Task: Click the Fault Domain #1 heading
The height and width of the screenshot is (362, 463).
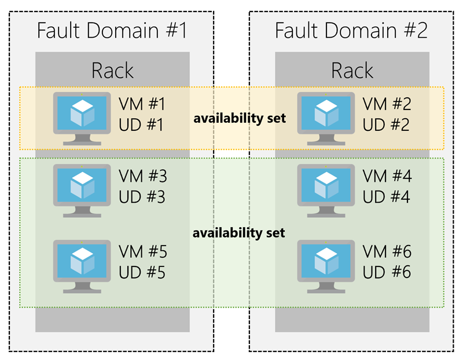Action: (x=112, y=30)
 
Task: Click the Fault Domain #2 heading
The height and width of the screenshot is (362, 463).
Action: (x=351, y=30)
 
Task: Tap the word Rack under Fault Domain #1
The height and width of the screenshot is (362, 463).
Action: (x=112, y=71)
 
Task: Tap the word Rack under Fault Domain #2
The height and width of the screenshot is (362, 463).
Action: (x=352, y=71)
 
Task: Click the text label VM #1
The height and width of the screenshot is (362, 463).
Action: (x=142, y=104)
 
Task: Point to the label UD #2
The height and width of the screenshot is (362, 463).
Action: (x=386, y=125)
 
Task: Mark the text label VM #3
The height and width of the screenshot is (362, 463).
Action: (x=142, y=176)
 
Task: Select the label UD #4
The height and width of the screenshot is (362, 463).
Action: (x=386, y=197)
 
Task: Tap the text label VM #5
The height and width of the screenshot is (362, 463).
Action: (x=142, y=251)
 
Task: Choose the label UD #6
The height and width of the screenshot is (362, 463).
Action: (x=386, y=272)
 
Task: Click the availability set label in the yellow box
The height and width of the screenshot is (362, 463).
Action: (x=240, y=119)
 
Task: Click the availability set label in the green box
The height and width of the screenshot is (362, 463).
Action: (x=240, y=233)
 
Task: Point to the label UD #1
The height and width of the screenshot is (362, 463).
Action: (x=142, y=125)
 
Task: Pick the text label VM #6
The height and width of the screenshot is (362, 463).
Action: (x=387, y=251)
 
